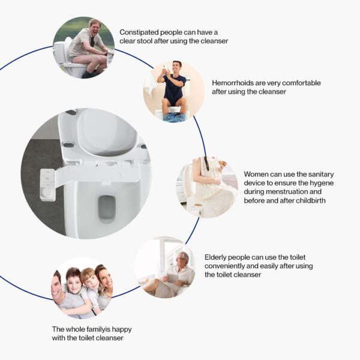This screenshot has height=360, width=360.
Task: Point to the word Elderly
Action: coord(218,256)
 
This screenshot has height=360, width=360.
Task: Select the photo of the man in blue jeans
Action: coord(173,91)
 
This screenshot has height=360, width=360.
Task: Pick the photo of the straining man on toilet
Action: coord(83,48)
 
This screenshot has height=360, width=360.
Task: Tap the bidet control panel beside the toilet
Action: coord(46,185)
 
